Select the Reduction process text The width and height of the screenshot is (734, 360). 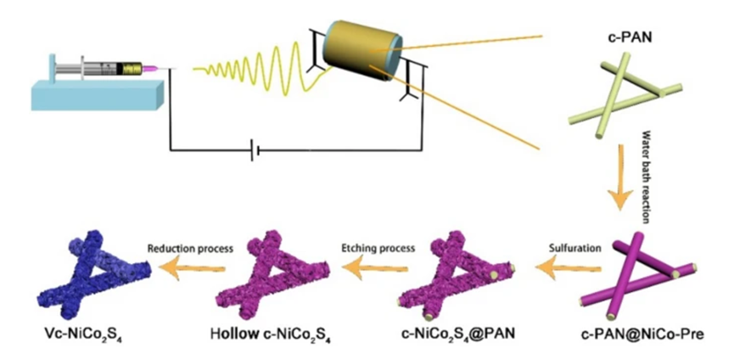click(185, 248)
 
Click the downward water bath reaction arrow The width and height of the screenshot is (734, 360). click(619, 190)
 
